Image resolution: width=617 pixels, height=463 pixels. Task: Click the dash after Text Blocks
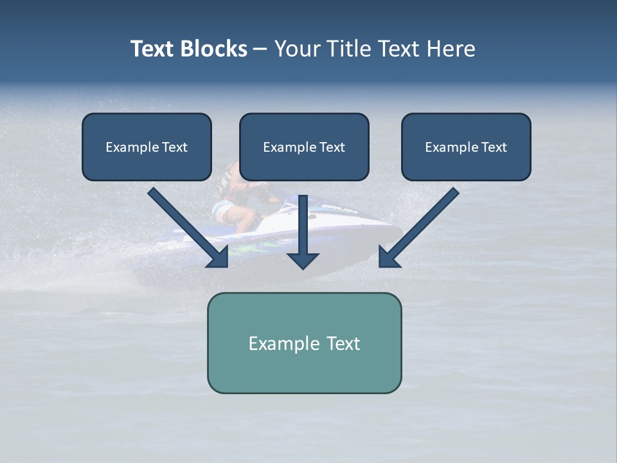point(260,50)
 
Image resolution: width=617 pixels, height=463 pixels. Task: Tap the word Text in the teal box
point(343,343)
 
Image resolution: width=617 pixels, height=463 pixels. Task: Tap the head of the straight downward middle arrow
point(303,260)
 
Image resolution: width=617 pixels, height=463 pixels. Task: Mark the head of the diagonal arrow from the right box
point(388,258)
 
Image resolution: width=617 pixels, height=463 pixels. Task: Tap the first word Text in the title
point(152,49)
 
